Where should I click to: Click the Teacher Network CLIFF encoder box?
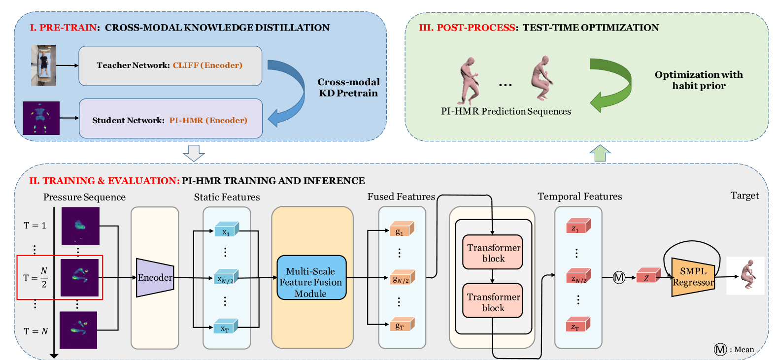(x=170, y=65)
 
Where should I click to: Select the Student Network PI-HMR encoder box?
(x=170, y=119)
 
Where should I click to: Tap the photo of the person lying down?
(x=43, y=65)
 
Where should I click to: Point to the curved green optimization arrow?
(x=613, y=84)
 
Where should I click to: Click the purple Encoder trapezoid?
(x=155, y=277)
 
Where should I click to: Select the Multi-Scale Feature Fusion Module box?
(x=311, y=277)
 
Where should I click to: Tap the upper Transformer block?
(x=492, y=252)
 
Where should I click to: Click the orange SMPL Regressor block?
(x=692, y=276)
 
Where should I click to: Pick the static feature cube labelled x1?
(x=226, y=229)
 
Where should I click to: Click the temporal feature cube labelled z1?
(x=577, y=227)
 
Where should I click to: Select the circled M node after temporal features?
(x=619, y=277)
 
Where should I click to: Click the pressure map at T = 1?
(x=80, y=226)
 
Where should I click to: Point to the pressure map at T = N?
(x=78, y=330)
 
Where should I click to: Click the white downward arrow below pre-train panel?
(x=194, y=153)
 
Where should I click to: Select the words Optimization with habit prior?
(x=698, y=80)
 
